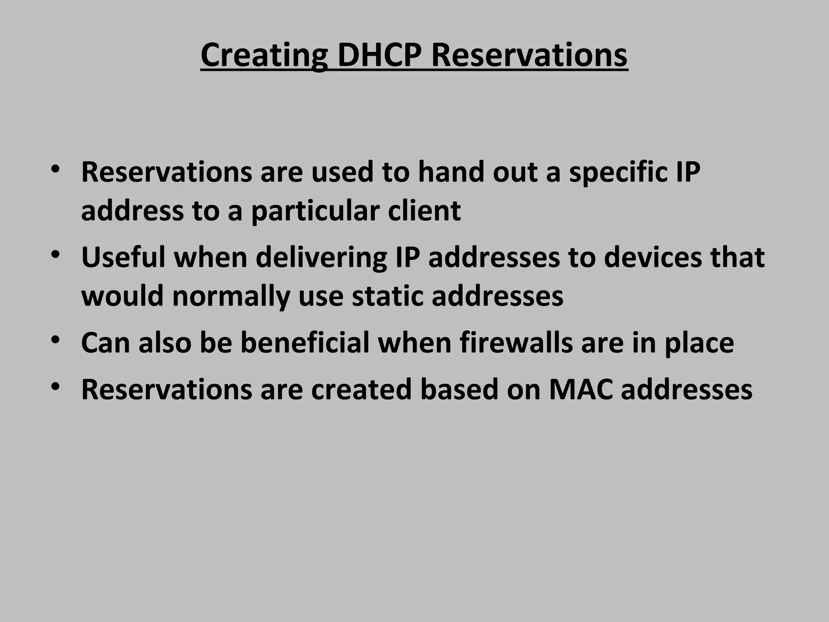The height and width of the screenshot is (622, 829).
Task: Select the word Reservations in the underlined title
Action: [529, 55]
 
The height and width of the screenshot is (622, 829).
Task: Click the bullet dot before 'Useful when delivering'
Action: [56, 255]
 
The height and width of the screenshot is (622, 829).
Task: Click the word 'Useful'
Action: [123, 258]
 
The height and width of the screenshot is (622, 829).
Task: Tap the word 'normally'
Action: [231, 296]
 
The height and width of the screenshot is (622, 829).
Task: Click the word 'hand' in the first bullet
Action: [451, 173]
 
